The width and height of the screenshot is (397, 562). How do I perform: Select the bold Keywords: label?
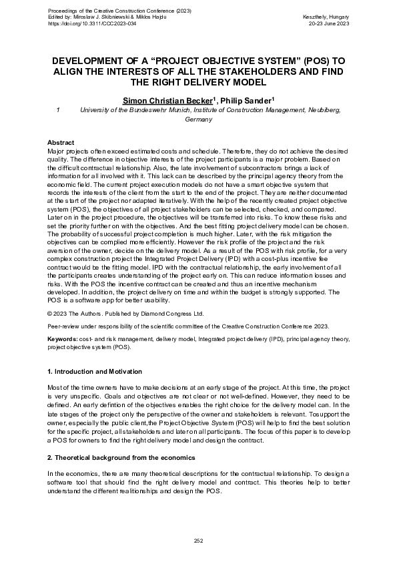[62, 339]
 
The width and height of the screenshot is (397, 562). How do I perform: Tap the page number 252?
[198, 540]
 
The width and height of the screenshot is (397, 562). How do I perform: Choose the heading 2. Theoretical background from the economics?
[119, 458]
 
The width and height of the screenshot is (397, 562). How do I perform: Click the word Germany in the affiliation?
[198, 119]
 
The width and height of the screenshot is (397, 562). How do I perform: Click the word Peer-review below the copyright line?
[63, 326]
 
